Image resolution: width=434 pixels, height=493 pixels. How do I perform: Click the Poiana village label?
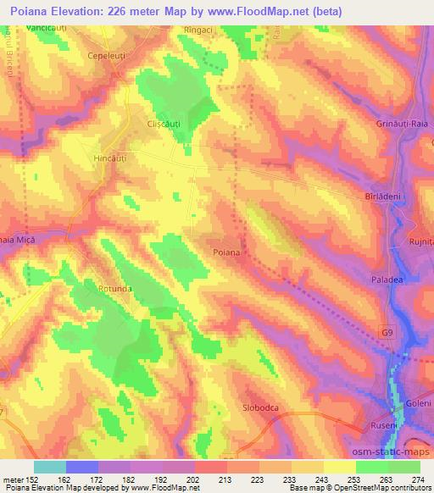coord(227,253)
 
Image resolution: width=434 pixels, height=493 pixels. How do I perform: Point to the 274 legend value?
coord(419,479)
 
